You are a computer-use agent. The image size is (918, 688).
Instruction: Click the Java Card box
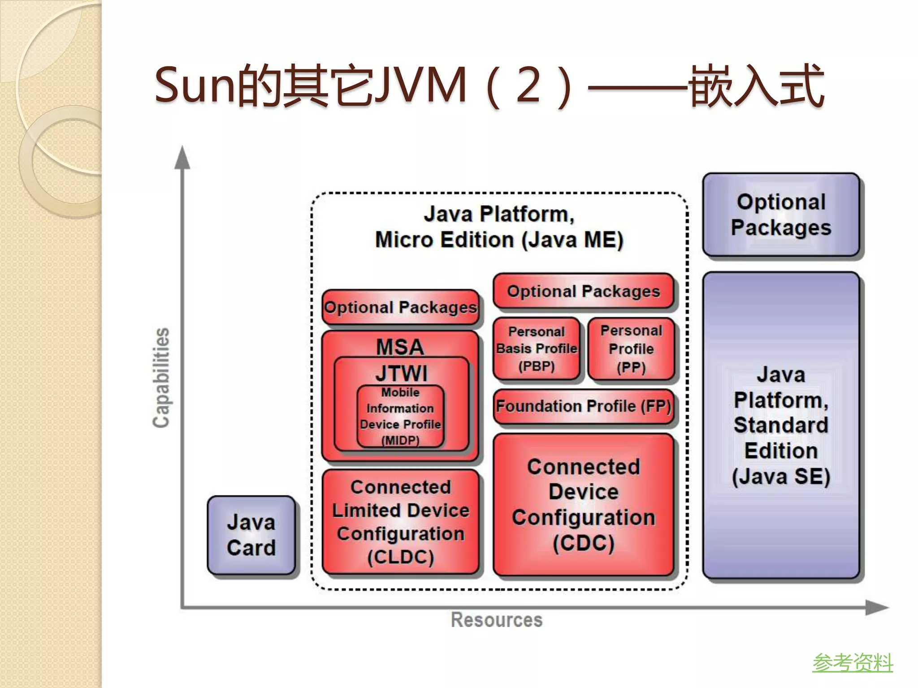point(251,535)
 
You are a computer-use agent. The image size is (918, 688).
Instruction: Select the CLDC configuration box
point(400,522)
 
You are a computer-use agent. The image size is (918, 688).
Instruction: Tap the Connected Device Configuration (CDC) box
point(583,505)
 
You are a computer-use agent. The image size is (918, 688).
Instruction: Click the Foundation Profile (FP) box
point(583,406)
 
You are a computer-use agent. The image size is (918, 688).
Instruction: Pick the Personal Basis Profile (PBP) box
point(537,349)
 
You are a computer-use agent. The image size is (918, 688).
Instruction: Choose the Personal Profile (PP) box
point(631,349)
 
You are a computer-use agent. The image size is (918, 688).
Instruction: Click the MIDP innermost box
point(400,417)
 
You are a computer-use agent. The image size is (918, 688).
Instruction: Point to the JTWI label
point(401,373)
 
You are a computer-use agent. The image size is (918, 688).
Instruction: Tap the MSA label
point(400,346)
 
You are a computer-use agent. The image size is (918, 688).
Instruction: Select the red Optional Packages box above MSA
point(400,307)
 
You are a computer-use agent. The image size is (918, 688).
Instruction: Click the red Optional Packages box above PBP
point(583,292)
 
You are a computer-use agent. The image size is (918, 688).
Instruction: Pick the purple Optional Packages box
point(781,215)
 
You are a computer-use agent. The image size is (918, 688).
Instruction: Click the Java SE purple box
point(781,426)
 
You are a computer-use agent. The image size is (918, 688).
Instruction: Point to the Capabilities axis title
point(161,378)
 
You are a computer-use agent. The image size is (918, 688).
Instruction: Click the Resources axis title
point(496,620)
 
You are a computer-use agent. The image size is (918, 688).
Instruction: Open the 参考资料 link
point(852,662)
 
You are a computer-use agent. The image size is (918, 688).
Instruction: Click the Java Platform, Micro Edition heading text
point(499,227)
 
